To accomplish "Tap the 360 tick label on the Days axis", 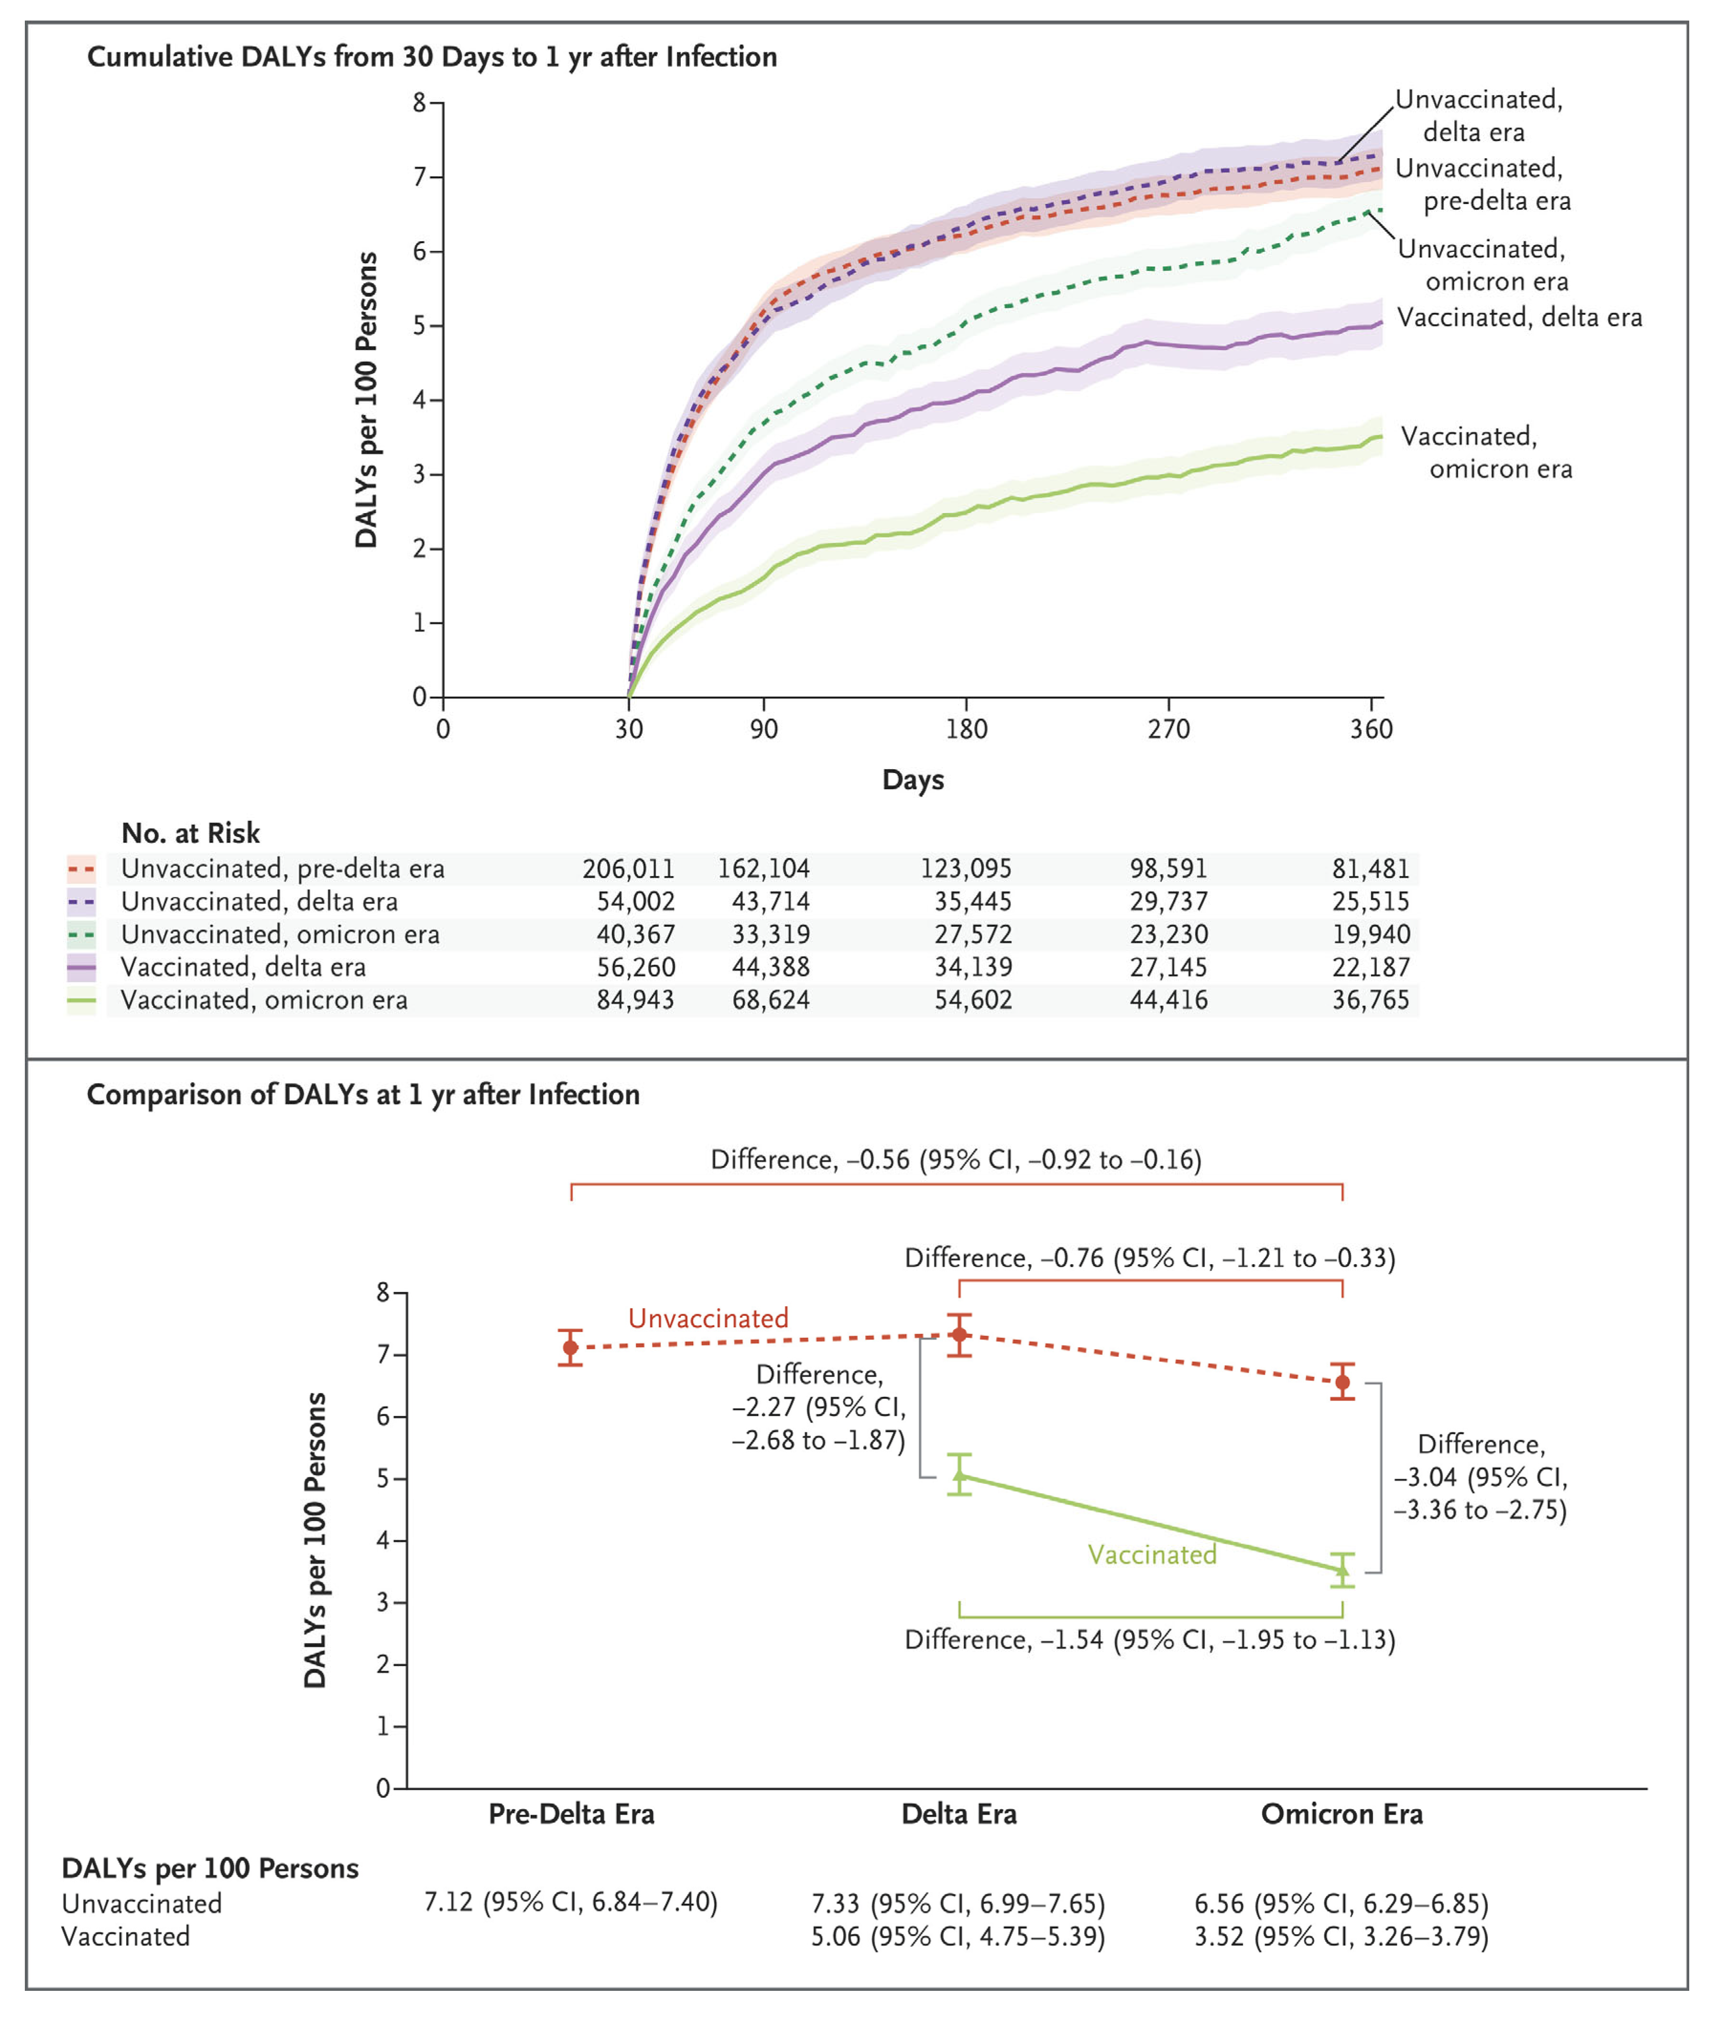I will (1371, 729).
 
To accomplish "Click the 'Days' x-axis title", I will (912, 779).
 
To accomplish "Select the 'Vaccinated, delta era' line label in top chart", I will (1519, 317).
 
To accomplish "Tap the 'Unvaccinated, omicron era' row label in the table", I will (280, 934).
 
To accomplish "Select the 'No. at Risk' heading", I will (191, 833).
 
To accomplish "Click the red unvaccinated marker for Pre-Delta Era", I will (571, 1348).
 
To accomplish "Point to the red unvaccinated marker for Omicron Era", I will (1342, 1382).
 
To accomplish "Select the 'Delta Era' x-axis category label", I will (959, 1814).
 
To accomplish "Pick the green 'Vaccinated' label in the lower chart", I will (1152, 1554).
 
